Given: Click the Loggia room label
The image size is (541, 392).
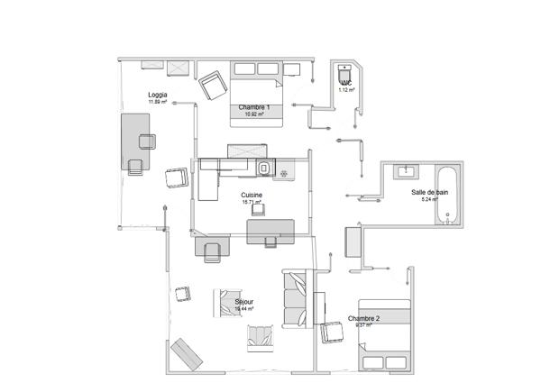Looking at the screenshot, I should (157, 95).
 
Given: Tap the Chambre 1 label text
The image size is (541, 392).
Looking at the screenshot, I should (254, 107).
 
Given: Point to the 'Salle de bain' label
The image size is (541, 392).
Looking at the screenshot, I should (429, 192).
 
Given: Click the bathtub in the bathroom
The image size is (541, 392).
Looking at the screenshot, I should (448, 194).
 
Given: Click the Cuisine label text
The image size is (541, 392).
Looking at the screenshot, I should (252, 195).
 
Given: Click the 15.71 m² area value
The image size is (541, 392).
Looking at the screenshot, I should (252, 202).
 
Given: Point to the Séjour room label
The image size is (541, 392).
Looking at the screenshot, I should (243, 302).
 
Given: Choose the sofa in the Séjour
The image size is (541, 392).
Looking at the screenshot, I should (295, 298).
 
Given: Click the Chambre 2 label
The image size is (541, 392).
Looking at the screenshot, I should (363, 318).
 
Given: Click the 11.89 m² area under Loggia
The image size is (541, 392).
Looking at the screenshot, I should (157, 102).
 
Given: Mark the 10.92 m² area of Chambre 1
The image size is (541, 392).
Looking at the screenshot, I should (254, 114).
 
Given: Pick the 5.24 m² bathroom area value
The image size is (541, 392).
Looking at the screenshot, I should (429, 199).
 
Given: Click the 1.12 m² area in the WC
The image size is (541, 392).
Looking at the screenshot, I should (345, 90).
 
